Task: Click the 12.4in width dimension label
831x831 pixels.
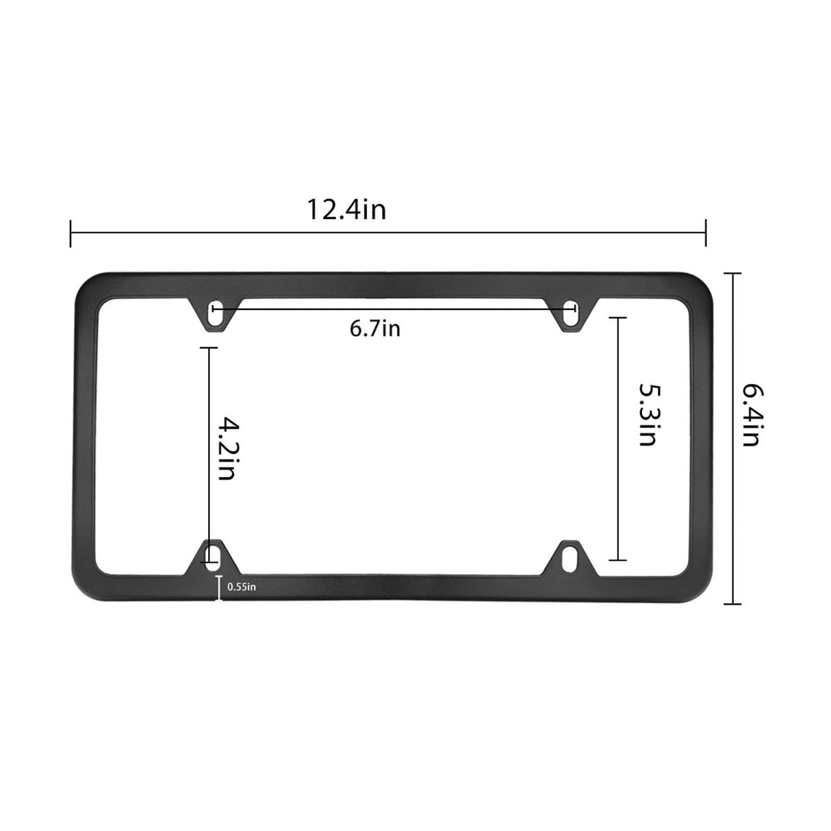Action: pos(346,209)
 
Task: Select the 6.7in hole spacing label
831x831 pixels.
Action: pos(374,329)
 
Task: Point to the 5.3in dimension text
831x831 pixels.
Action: pos(648,414)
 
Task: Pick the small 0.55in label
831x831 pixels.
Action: pos(242,587)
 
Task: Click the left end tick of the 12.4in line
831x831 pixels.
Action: pos(71,233)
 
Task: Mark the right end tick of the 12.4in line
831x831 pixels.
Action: pos(706,233)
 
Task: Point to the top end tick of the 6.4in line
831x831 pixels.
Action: pos(733,273)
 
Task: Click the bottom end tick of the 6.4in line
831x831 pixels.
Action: pos(733,604)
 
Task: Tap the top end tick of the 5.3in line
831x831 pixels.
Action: pos(617,318)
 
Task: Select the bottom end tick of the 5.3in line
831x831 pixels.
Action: pos(617,560)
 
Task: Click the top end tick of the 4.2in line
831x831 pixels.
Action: pos(209,348)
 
